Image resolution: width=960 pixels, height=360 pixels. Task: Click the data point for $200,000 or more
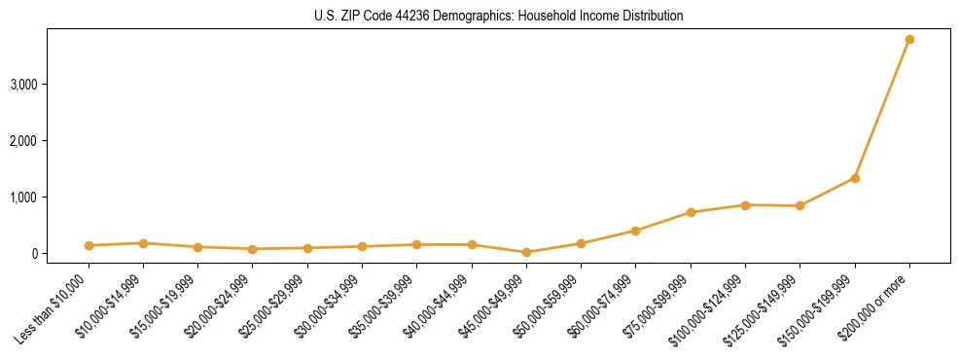click(909, 40)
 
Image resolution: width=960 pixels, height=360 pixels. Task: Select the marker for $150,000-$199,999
click(855, 178)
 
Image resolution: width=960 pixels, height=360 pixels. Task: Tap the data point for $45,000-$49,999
click(526, 252)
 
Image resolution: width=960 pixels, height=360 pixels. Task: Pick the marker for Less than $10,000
click(89, 245)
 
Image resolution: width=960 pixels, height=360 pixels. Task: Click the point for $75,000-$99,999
click(691, 212)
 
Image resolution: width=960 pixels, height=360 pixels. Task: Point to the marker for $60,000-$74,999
click(636, 231)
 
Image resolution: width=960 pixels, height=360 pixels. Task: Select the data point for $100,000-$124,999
click(745, 205)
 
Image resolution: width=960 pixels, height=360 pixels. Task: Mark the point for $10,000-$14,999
click(143, 243)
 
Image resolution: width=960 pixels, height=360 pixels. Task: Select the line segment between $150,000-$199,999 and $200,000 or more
click(882, 109)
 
